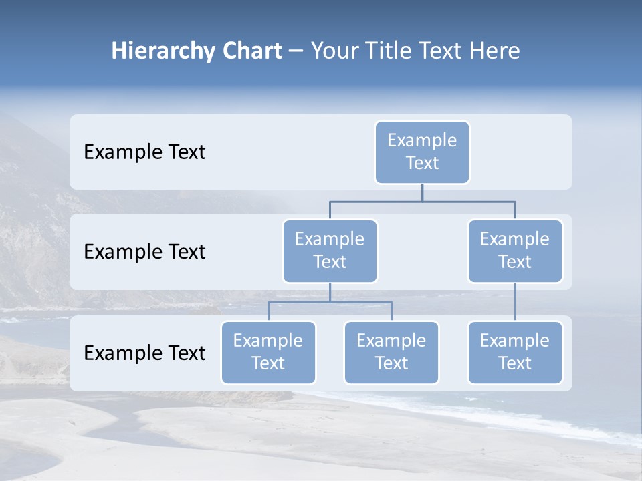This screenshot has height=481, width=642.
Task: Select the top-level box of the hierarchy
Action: pyautogui.click(x=422, y=152)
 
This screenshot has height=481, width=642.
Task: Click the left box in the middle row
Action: pyautogui.click(x=330, y=251)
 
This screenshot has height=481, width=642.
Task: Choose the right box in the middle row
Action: pyautogui.click(x=515, y=251)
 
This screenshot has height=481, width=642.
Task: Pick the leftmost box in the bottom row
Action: pyautogui.click(x=268, y=353)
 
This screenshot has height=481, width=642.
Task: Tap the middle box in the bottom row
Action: pyautogui.click(x=391, y=353)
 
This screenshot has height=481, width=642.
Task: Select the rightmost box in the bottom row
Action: pyautogui.click(x=515, y=353)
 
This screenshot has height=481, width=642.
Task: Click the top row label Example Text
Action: pyautogui.click(x=144, y=152)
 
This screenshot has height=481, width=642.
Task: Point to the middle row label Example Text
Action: pyautogui.click(x=144, y=252)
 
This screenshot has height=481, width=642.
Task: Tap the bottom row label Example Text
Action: pyautogui.click(x=144, y=353)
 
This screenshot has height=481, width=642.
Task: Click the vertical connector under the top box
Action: pyautogui.click(x=422, y=192)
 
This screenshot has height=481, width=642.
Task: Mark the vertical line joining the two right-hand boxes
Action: pyautogui.click(x=515, y=302)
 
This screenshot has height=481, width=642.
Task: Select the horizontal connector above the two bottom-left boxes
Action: pyautogui.click(x=330, y=303)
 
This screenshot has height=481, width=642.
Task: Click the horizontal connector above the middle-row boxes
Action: pyautogui.click(x=422, y=201)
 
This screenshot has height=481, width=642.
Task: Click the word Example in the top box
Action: pyautogui.click(x=422, y=140)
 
